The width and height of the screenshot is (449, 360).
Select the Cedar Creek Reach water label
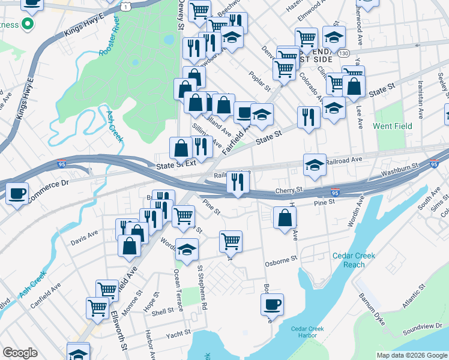pyautogui.click(x=354, y=260)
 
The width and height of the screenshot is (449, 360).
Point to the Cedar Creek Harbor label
pyautogui.click(x=307, y=332)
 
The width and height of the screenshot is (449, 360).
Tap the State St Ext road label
pyautogui.click(x=176, y=163)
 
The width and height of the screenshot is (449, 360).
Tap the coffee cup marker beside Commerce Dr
pyautogui.click(x=17, y=193)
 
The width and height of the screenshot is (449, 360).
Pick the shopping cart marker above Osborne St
pyautogui.click(x=231, y=241)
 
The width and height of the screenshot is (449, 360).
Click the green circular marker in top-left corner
pyautogui.click(x=26, y=25)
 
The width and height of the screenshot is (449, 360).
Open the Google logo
pyautogui.click(x=20, y=353)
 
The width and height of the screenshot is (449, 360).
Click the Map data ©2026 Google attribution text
pyautogui.click(x=412, y=355)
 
